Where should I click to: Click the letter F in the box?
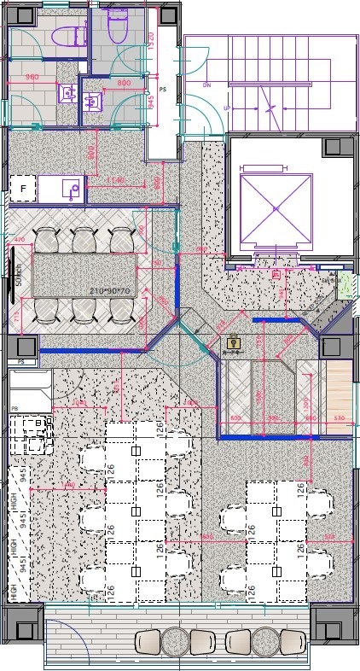point(23,187)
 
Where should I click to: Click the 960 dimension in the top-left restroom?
point(32,78)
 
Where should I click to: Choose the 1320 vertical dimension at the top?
point(151,44)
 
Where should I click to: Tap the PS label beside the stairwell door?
point(162,89)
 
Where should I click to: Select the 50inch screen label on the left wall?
point(17,276)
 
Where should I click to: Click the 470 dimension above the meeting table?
point(21,240)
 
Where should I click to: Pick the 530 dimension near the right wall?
point(340,418)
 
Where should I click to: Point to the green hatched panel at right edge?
point(344,287)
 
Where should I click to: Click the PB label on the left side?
point(15,409)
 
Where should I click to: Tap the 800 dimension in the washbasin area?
point(124,83)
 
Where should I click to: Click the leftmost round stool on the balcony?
point(176,641)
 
